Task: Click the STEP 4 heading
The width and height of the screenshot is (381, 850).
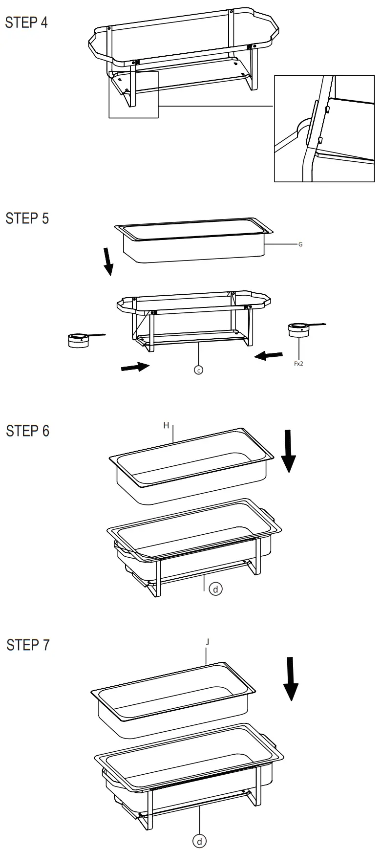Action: click(26, 22)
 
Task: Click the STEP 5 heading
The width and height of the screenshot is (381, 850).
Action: click(27, 218)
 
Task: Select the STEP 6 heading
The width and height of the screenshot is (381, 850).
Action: click(28, 431)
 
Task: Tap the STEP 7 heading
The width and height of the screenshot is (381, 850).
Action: click(28, 645)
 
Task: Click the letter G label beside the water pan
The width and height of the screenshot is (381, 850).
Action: click(300, 244)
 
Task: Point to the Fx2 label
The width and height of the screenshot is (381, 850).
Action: click(298, 364)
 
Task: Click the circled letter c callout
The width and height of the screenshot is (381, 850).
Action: click(198, 370)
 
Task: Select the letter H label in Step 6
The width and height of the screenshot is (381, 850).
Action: click(166, 425)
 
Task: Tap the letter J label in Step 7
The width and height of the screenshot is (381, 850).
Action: click(207, 642)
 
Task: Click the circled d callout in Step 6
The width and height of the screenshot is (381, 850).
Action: click(215, 589)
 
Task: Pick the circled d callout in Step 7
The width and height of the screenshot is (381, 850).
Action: click(199, 841)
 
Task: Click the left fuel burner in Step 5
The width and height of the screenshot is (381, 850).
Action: click(79, 340)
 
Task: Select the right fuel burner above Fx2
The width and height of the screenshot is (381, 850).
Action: click(299, 330)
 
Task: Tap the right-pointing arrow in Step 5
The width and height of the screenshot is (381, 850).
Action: click(135, 366)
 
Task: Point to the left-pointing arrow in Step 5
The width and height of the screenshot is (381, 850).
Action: click(268, 356)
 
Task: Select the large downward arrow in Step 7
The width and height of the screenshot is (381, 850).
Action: click(292, 678)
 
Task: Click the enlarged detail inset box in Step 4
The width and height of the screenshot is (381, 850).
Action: click(324, 129)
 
